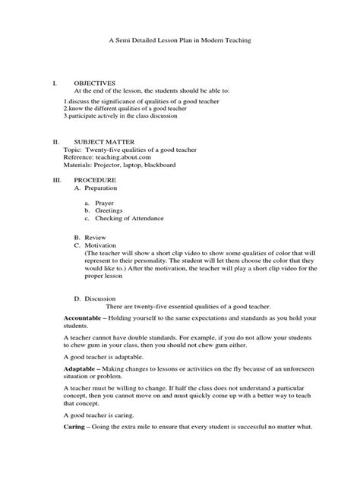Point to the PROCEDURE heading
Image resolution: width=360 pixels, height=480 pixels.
pyautogui.click(x=95, y=179)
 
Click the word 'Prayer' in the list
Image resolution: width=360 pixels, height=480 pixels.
pyautogui.click(x=105, y=203)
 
